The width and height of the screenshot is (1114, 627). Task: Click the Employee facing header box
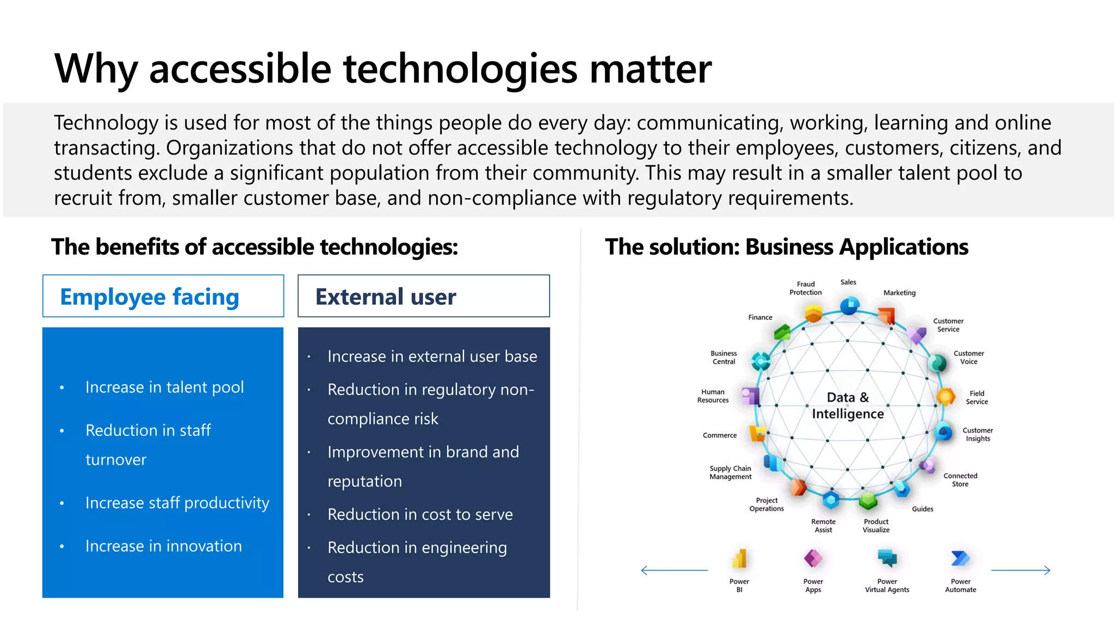163,296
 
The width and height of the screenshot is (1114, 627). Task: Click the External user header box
423,296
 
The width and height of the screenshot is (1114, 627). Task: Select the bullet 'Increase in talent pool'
164,387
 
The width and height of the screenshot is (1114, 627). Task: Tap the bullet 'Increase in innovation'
163,546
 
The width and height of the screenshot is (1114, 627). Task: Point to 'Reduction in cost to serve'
420,514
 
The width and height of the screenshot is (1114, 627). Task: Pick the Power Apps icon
813,558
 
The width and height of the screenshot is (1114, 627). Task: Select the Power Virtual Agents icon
887,558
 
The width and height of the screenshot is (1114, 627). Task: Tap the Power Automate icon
960,558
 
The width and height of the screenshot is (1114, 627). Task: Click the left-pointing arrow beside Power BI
674,570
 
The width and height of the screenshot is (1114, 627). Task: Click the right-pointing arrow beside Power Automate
1020,570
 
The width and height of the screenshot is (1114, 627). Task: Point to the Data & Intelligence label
847,405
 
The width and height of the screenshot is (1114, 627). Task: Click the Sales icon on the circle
849,306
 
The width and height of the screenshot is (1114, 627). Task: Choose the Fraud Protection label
806,288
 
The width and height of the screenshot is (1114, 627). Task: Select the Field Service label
976,397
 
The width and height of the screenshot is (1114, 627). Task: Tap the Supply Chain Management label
730,472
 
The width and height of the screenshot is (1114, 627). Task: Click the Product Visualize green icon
868,500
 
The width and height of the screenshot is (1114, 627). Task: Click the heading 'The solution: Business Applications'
787,247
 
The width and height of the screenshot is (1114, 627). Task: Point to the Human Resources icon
751,396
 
